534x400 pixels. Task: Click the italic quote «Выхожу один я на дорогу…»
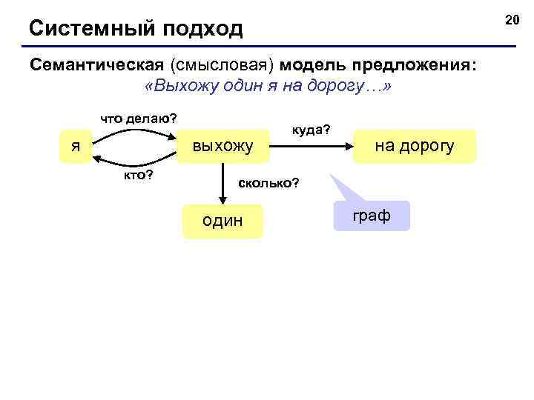269,86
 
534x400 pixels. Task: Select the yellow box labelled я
76,146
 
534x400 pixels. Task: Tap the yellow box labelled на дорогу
414,146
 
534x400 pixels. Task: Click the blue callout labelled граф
372,216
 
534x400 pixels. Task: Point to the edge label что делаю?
139,119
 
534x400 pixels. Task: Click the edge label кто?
139,174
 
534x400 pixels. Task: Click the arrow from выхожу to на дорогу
311,146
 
